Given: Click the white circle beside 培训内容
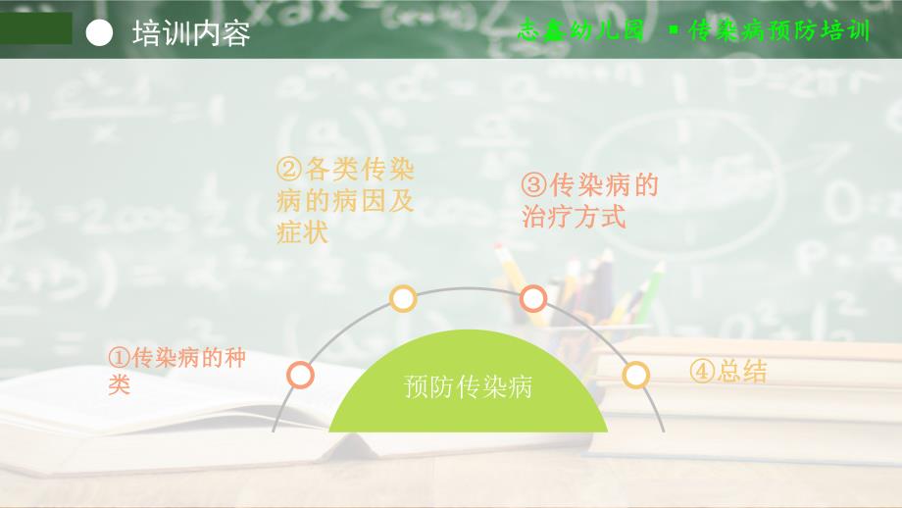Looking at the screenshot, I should [x=100, y=32].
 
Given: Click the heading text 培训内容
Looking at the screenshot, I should [x=191, y=32].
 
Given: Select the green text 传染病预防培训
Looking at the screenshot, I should [x=779, y=30].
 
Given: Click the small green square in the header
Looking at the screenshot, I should [x=673, y=30].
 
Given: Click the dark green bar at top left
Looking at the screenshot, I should [x=36, y=28].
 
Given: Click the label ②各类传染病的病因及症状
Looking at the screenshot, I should [x=346, y=201].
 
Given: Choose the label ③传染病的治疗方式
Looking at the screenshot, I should [x=590, y=199].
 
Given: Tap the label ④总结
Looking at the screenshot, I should [x=727, y=372].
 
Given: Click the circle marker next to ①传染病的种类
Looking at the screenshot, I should [x=301, y=375].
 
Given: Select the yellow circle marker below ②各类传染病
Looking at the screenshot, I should [x=403, y=298].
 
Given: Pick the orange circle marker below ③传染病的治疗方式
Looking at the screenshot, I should [x=532, y=297].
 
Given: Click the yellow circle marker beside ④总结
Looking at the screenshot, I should [x=636, y=375].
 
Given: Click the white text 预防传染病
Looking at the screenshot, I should [x=468, y=386].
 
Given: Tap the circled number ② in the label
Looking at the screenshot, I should [x=290, y=170].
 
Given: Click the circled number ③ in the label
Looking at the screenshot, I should [x=535, y=184].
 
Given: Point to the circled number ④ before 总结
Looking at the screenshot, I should [x=702, y=372].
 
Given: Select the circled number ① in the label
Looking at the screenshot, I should [x=120, y=358].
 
